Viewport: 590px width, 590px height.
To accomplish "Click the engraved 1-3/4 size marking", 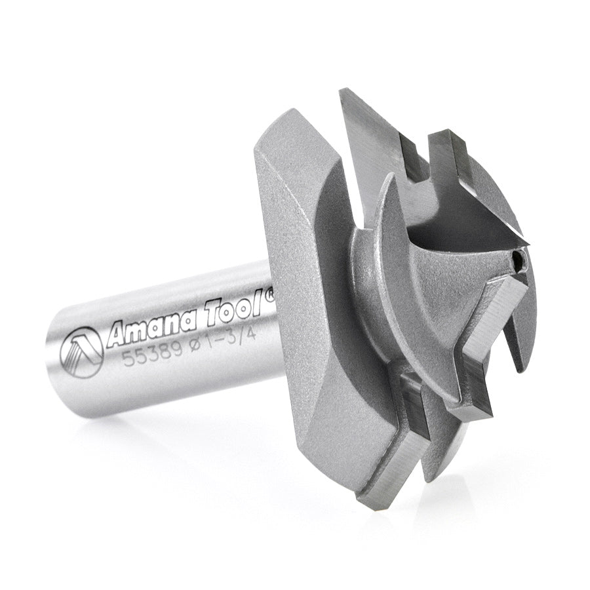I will pyautogui.click(x=226, y=334).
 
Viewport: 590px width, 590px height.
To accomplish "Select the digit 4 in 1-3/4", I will pyautogui.click(x=246, y=328).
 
